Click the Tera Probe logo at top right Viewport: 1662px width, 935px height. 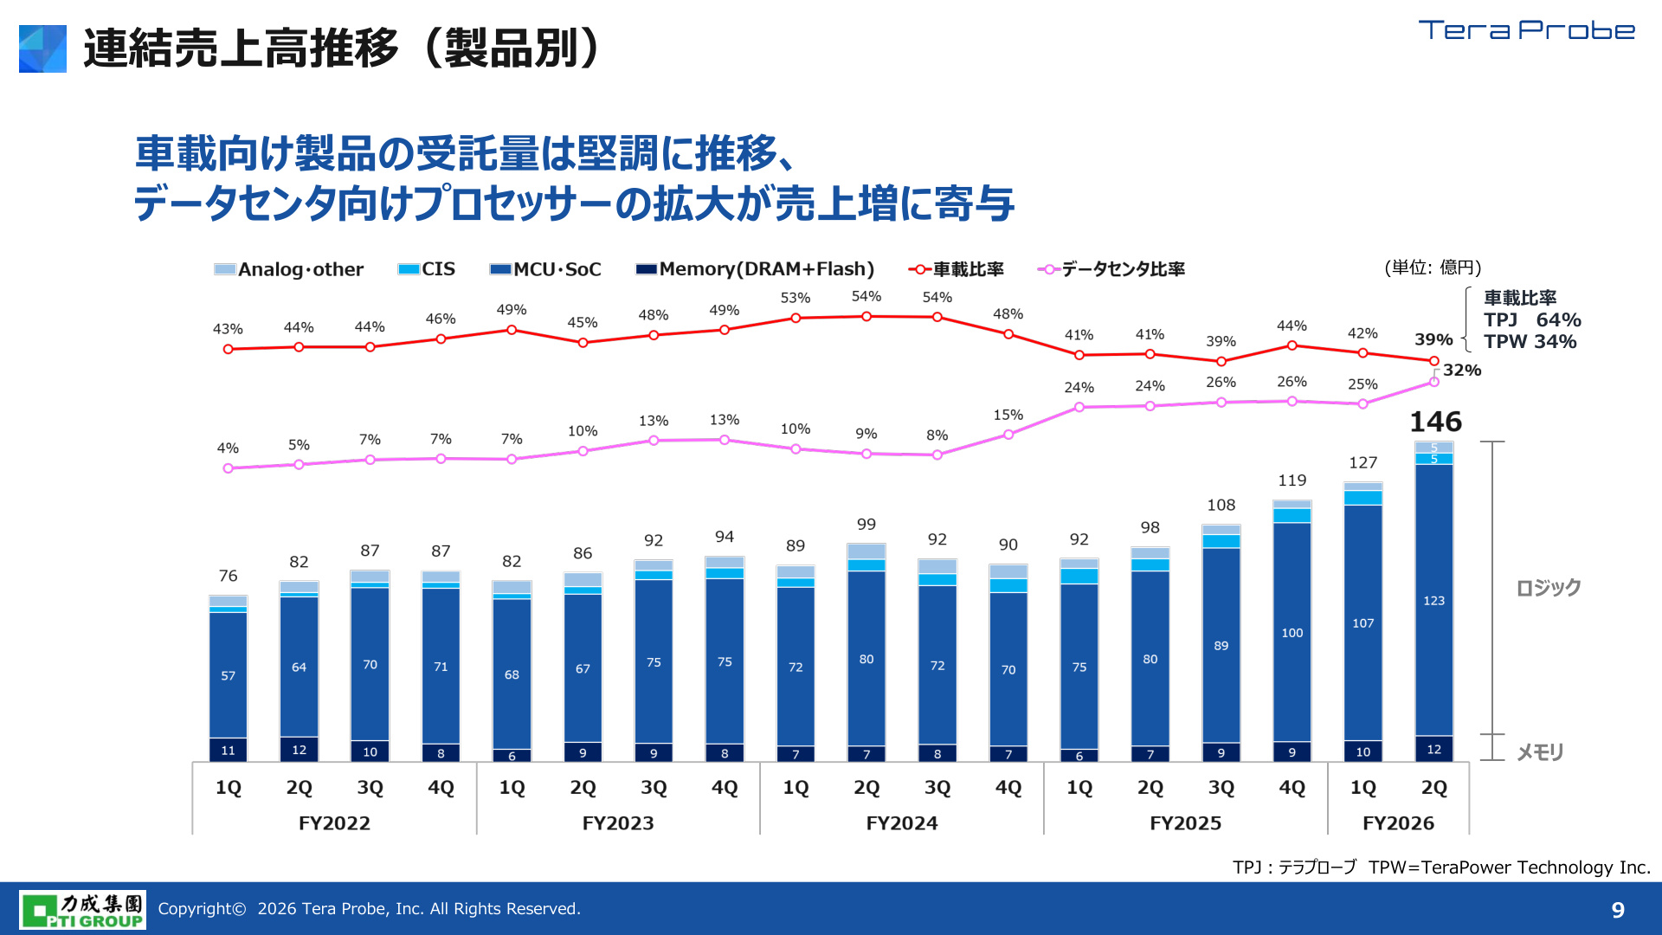tap(1527, 30)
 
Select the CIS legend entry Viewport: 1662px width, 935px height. tap(426, 269)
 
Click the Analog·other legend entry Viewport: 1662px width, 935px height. tap(289, 269)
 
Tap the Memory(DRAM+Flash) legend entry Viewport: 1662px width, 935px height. tap(755, 269)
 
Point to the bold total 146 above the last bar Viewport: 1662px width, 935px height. tap(1435, 422)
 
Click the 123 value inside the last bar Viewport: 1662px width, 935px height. tap(1433, 600)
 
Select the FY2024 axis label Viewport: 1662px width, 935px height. tap(902, 823)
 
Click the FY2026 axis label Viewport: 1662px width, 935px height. tap(1398, 823)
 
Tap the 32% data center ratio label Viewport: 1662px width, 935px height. tap(1462, 370)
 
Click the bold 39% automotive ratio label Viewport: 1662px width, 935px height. tap(1433, 339)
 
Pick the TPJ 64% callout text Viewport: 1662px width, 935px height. tap(1532, 320)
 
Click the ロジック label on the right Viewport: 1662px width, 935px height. tap(1549, 588)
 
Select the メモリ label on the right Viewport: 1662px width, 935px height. tap(1540, 752)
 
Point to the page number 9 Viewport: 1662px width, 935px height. tap(1618, 910)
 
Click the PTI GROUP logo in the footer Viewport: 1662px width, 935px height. tap(82, 910)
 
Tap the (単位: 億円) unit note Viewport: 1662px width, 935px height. tap(1433, 268)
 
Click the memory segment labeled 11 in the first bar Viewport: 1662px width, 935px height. tap(228, 750)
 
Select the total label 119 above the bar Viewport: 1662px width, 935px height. tap(1292, 480)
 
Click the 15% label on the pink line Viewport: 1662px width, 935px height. tap(1008, 416)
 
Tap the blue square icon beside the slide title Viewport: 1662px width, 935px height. tap(42, 48)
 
